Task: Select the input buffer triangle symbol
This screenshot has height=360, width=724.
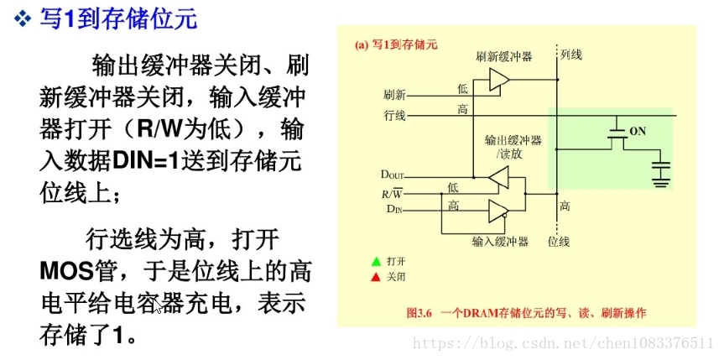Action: [498, 210]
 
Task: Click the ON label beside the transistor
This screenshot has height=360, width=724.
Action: [638, 131]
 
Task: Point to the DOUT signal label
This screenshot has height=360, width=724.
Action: [392, 175]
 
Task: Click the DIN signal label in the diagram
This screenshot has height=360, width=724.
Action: [393, 208]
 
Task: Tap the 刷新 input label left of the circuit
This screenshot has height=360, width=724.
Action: [395, 94]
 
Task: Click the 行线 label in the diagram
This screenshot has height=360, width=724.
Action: [395, 115]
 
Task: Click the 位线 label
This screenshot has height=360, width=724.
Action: [559, 242]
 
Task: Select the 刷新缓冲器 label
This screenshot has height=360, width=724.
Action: [503, 57]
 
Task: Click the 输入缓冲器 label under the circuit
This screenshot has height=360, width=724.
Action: [500, 242]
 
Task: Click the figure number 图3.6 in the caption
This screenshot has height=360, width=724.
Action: [419, 313]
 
